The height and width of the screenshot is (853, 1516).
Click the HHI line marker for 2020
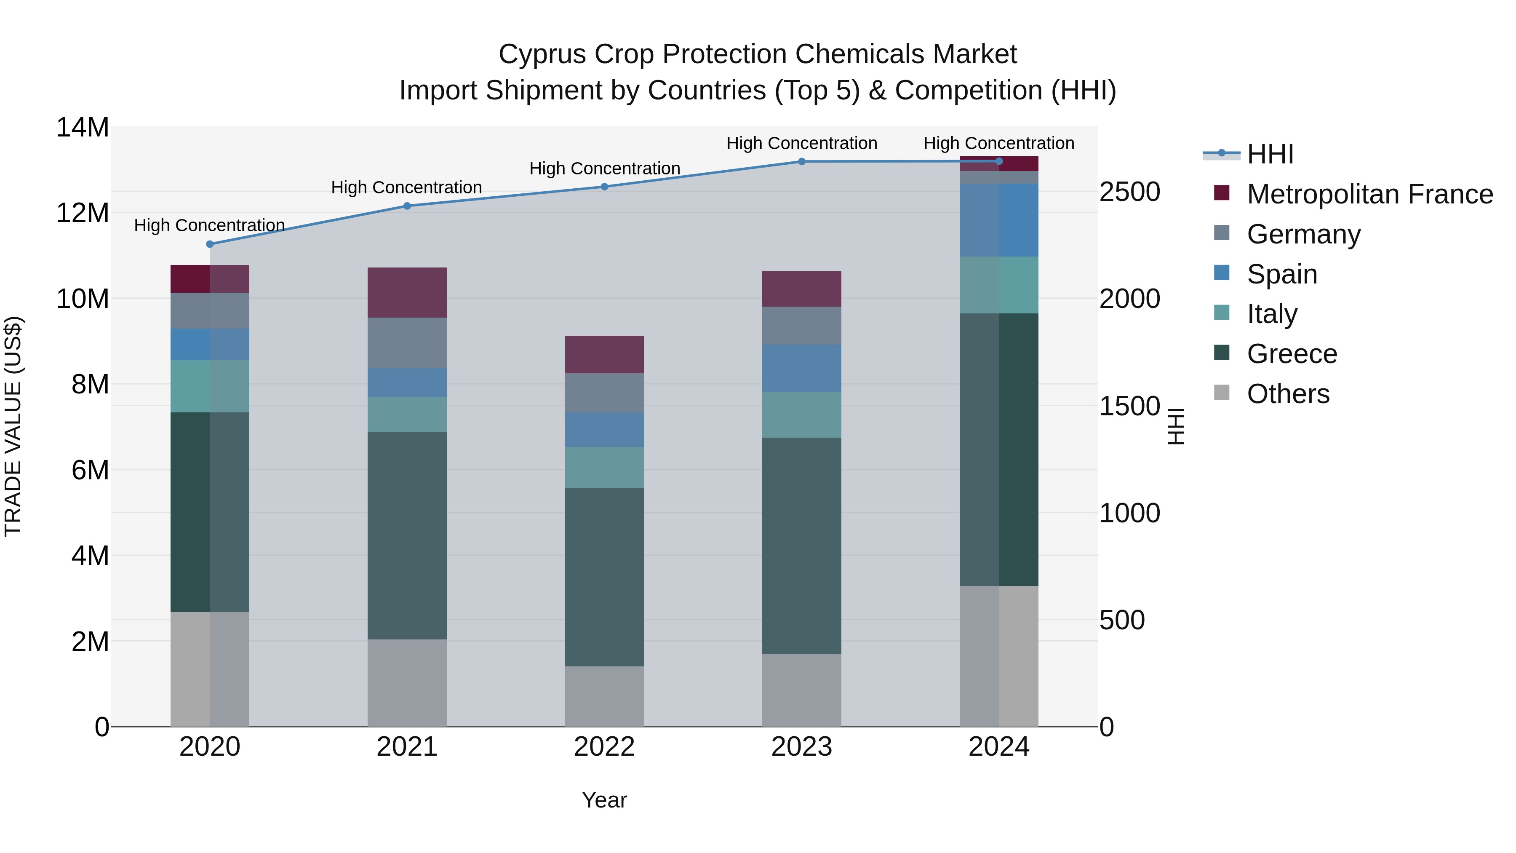coord(210,244)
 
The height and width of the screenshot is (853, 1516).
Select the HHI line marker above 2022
coord(604,187)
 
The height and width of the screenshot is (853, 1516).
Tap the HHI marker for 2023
coord(801,161)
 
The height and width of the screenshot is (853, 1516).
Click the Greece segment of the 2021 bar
coord(407,536)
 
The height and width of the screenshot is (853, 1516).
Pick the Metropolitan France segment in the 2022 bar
coord(604,354)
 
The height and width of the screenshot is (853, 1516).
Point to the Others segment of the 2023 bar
coord(801,690)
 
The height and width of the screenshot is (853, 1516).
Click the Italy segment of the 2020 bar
coord(210,386)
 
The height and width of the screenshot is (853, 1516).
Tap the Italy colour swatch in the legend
coord(1222,313)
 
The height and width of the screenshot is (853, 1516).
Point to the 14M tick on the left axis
coord(83,128)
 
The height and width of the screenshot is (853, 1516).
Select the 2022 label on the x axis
coord(604,747)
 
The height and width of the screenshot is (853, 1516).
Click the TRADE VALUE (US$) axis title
coord(13,426)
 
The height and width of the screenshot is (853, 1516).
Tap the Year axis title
coord(604,800)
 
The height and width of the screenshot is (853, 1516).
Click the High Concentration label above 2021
coord(407,187)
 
